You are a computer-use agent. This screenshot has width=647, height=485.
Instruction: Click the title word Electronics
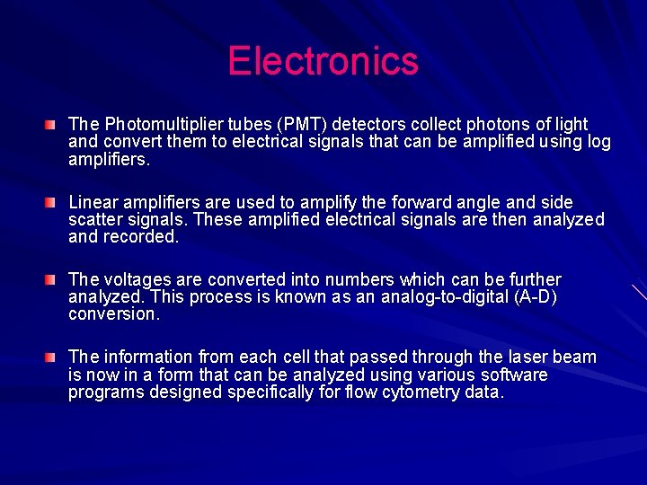[x=323, y=61]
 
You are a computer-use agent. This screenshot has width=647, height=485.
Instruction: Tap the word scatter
[x=94, y=219]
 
